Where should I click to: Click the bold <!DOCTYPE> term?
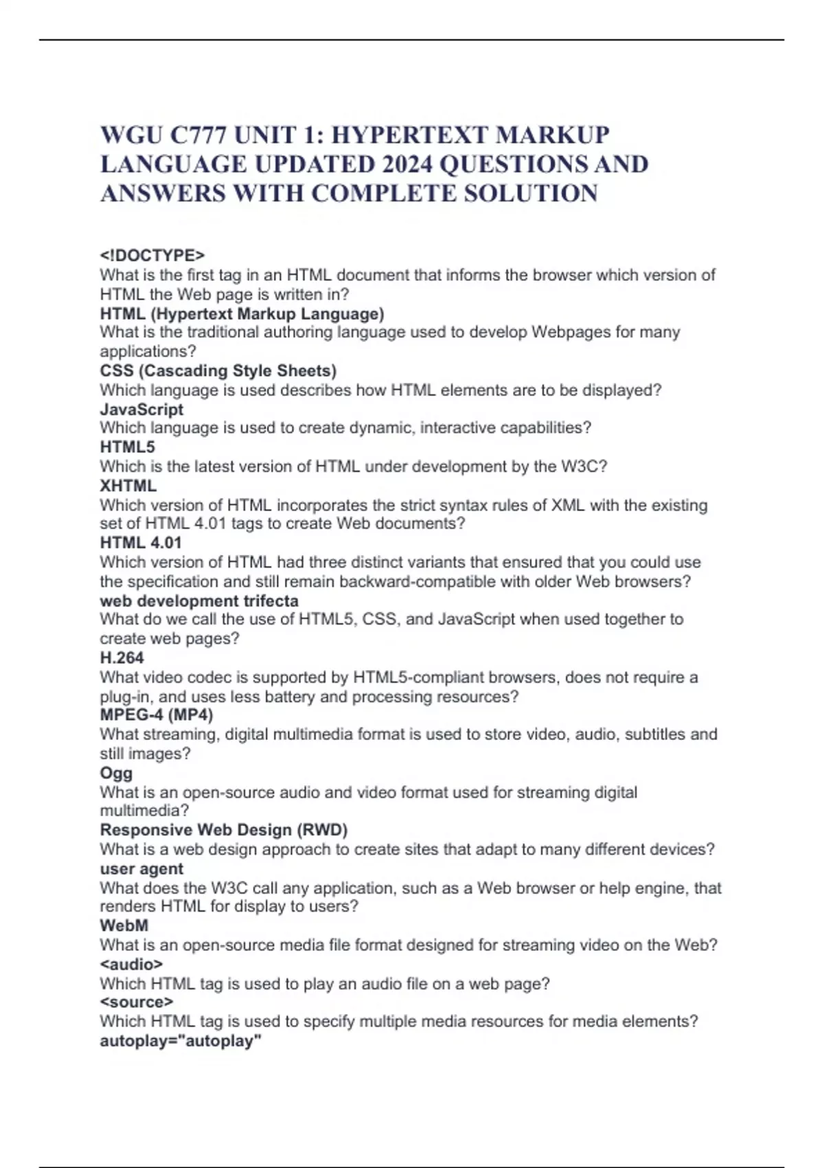152,256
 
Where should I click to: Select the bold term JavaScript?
141,409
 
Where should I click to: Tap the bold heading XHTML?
128,486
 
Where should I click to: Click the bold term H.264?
122,658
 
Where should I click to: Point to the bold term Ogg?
116,773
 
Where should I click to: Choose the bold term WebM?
124,925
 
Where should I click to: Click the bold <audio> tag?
131,964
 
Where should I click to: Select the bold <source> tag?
136,1002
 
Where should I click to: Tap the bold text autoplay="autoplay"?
181,1041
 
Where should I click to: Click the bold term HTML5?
128,447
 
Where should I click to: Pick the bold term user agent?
141,869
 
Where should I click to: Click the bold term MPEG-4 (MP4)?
157,715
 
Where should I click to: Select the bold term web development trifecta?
199,601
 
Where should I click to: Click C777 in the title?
199,135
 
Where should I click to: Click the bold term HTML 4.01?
141,543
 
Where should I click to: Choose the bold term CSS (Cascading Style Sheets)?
218,371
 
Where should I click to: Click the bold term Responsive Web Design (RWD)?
224,830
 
